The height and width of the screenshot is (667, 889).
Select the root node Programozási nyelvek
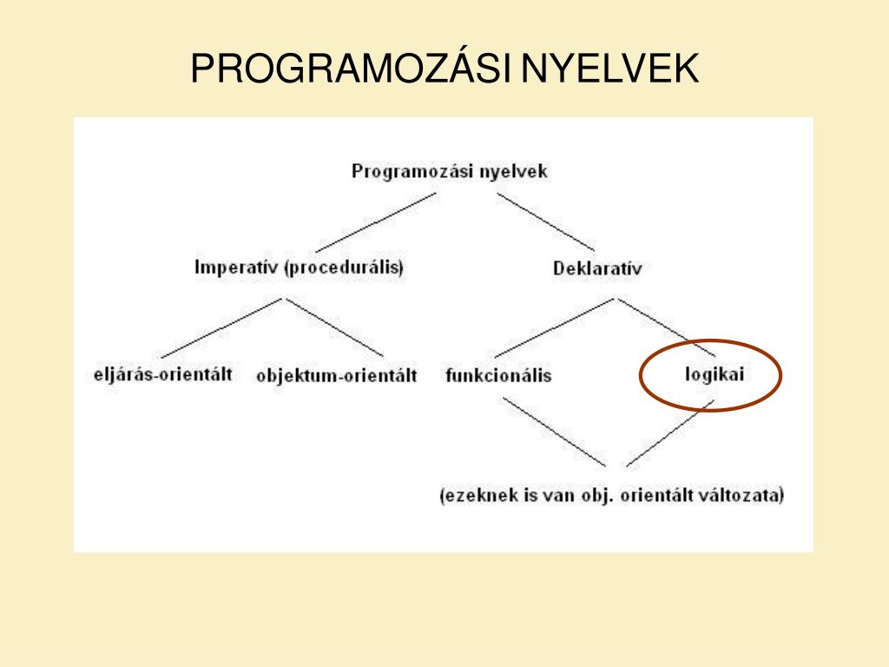[450, 171]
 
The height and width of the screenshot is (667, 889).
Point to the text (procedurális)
[345, 267]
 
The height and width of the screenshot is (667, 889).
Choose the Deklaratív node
[597, 268]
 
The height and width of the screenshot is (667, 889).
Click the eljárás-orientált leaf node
[162, 375]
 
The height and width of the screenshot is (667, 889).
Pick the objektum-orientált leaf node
[337, 376]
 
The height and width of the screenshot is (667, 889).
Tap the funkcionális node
[498, 376]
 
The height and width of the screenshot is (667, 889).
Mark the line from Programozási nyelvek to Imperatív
[376, 221]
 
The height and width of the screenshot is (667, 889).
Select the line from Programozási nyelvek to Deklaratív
[546, 221]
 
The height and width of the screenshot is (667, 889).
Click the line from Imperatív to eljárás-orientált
[221, 327]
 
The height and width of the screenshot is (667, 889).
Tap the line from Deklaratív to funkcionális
[556, 327]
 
